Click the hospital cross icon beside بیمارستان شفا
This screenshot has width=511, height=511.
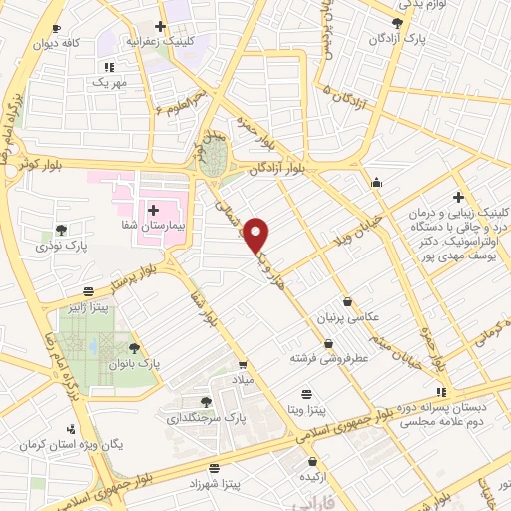pyautogui.click(x=154, y=210)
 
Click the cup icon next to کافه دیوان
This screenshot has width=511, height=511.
pyautogui.click(x=55, y=28)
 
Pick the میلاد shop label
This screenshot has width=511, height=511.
pyautogui.click(x=243, y=381)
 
